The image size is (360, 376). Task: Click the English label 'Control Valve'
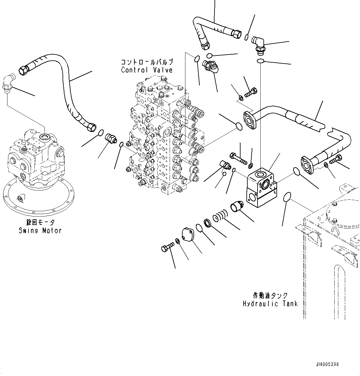[x=147, y=70]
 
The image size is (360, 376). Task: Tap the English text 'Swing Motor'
[x=40, y=230]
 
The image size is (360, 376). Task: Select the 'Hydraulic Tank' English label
[x=270, y=304]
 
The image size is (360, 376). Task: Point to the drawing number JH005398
[x=327, y=365]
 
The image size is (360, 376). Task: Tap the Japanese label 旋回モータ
[x=40, y=222]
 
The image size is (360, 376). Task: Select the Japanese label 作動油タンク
[x=270, y=295]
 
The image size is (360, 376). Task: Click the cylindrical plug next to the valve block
[x=237, y=206]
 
